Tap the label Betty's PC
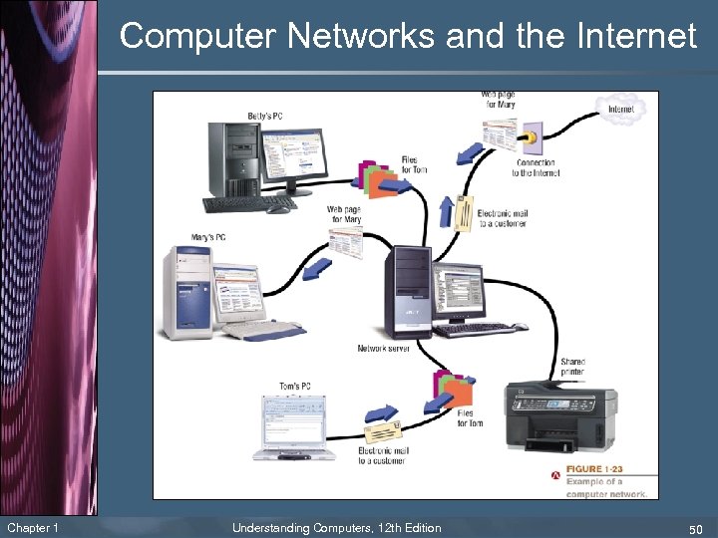coord(265,117)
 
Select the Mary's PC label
coord(208,237)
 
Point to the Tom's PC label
coord(294,387)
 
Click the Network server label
coord(384,349)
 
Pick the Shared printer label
coord(572,367)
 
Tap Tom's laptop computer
coord(291,428)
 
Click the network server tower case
coord(409,289)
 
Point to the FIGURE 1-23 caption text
coord(597,469)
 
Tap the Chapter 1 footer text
coord(33,527)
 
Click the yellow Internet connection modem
coord(531,133)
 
